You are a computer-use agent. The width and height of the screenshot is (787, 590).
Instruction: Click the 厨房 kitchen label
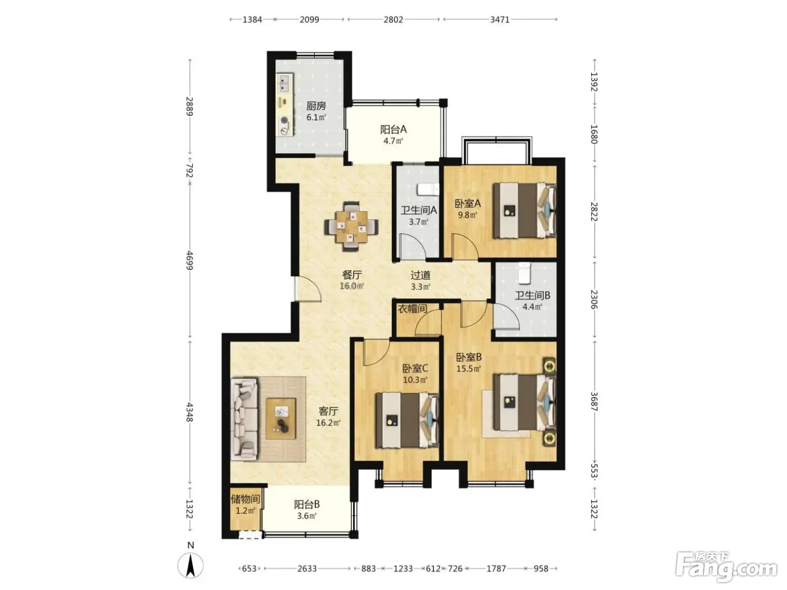click(316, 106)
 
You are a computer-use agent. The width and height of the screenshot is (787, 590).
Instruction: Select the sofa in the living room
click(245, 420)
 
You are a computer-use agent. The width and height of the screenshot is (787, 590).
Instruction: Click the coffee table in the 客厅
click(281, 419)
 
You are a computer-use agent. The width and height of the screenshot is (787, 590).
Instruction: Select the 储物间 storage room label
click(245, 498)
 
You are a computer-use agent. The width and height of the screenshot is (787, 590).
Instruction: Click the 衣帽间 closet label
click(412, 308)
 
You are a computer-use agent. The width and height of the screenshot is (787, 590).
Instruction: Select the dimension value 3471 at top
click(500, 19)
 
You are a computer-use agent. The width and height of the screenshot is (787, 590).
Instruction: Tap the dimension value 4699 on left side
click(189, 261)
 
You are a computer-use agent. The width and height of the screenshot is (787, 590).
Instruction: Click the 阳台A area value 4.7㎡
click(393, 141)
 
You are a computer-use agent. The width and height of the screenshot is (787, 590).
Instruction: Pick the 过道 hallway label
click(420, 275)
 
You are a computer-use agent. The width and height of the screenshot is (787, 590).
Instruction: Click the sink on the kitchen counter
click(284, 84)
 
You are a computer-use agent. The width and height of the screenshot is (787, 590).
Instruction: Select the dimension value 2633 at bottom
click(307, 569)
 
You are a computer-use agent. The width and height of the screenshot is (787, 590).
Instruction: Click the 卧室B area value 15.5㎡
click(468, 369)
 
